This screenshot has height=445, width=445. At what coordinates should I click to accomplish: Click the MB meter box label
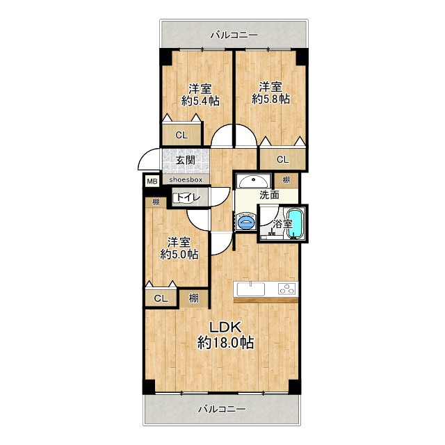tap(152, 181)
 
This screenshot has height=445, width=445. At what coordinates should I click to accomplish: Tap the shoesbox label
tap(186, 179)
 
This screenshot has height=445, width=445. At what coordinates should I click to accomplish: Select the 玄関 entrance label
tap(186, 160)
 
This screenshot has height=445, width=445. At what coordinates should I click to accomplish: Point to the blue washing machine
tap(246, 221)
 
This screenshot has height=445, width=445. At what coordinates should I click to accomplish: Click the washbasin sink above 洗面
tap(253, 181)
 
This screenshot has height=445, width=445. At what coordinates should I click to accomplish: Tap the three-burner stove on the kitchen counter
tap(287, 289)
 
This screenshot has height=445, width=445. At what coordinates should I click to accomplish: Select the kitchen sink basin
tap(251, 289)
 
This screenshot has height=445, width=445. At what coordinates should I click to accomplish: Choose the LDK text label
tap(225, 327)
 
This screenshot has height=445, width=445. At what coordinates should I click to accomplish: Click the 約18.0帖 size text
tap(225, 343)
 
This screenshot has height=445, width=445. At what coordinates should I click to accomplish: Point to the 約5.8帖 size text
tap(270, 99)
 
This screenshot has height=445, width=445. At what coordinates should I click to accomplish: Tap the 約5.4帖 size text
tap(200, 101)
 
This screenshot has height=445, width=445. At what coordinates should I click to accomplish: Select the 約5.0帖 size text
tap(179, 254)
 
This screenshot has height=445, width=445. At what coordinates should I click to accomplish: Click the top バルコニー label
tap(234, 35)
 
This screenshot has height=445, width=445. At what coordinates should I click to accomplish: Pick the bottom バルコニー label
tap(222, 409)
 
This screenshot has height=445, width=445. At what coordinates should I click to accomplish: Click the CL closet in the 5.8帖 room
tap(283, 159)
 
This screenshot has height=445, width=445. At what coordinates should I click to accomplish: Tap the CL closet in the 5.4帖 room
tap(181, 135)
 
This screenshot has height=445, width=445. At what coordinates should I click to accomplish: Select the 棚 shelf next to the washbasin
tap(286, 180)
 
